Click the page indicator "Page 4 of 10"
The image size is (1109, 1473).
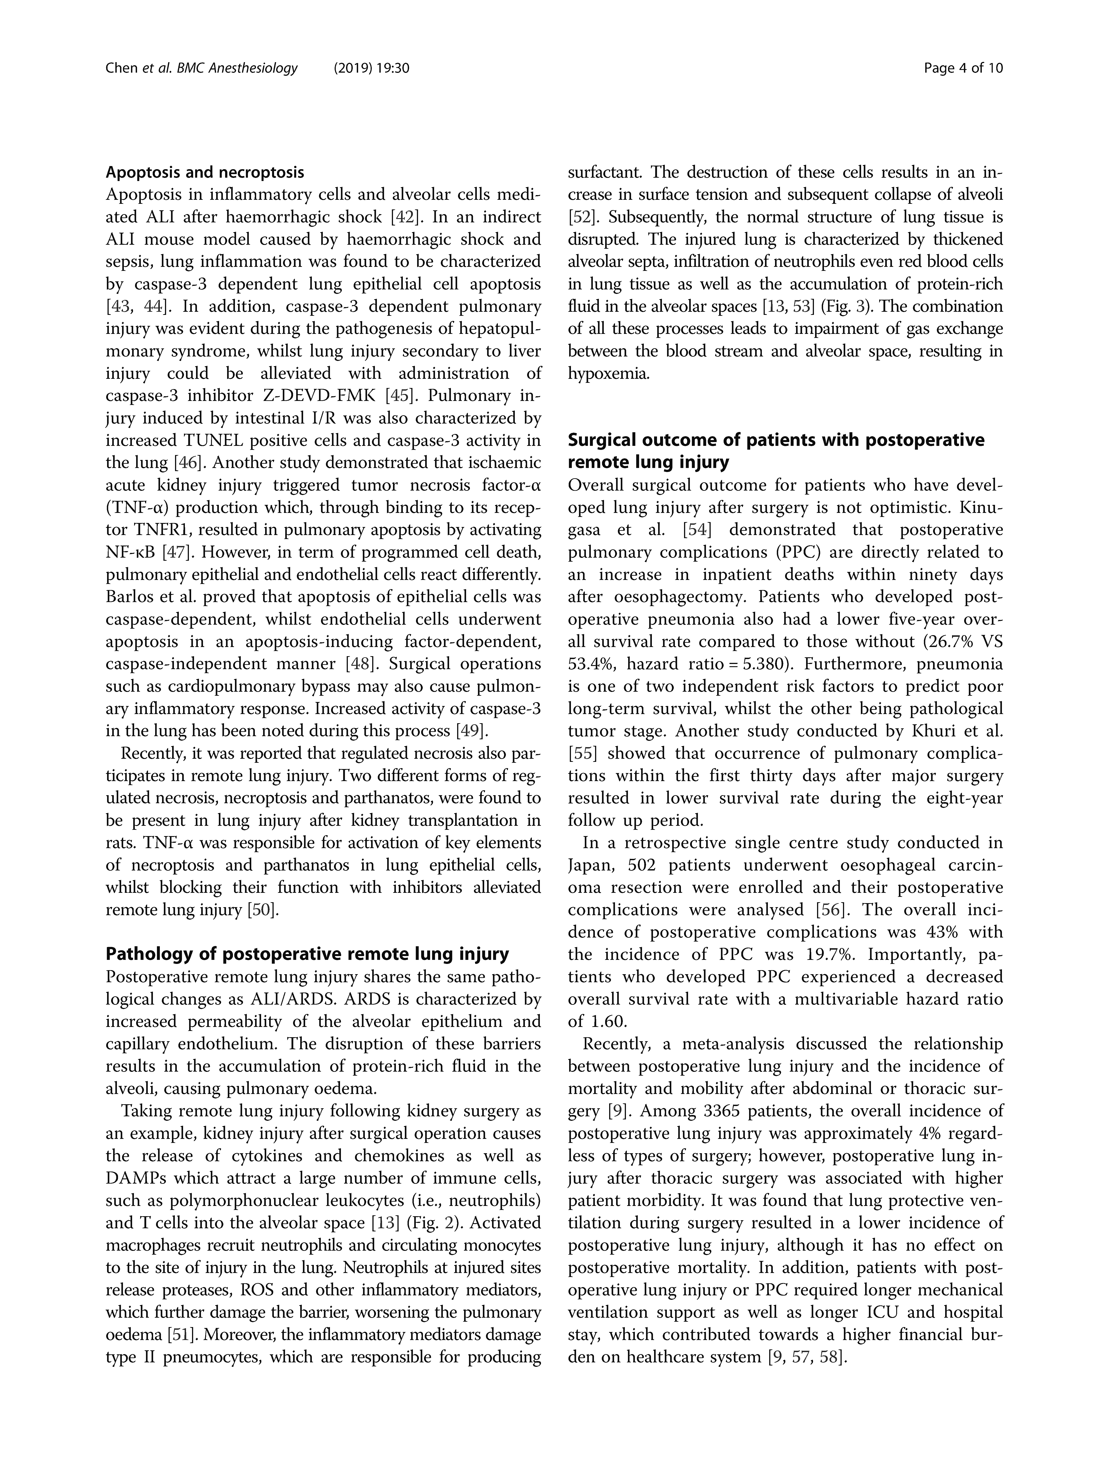[963, 68]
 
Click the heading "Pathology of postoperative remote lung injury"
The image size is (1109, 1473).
[307, 954]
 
